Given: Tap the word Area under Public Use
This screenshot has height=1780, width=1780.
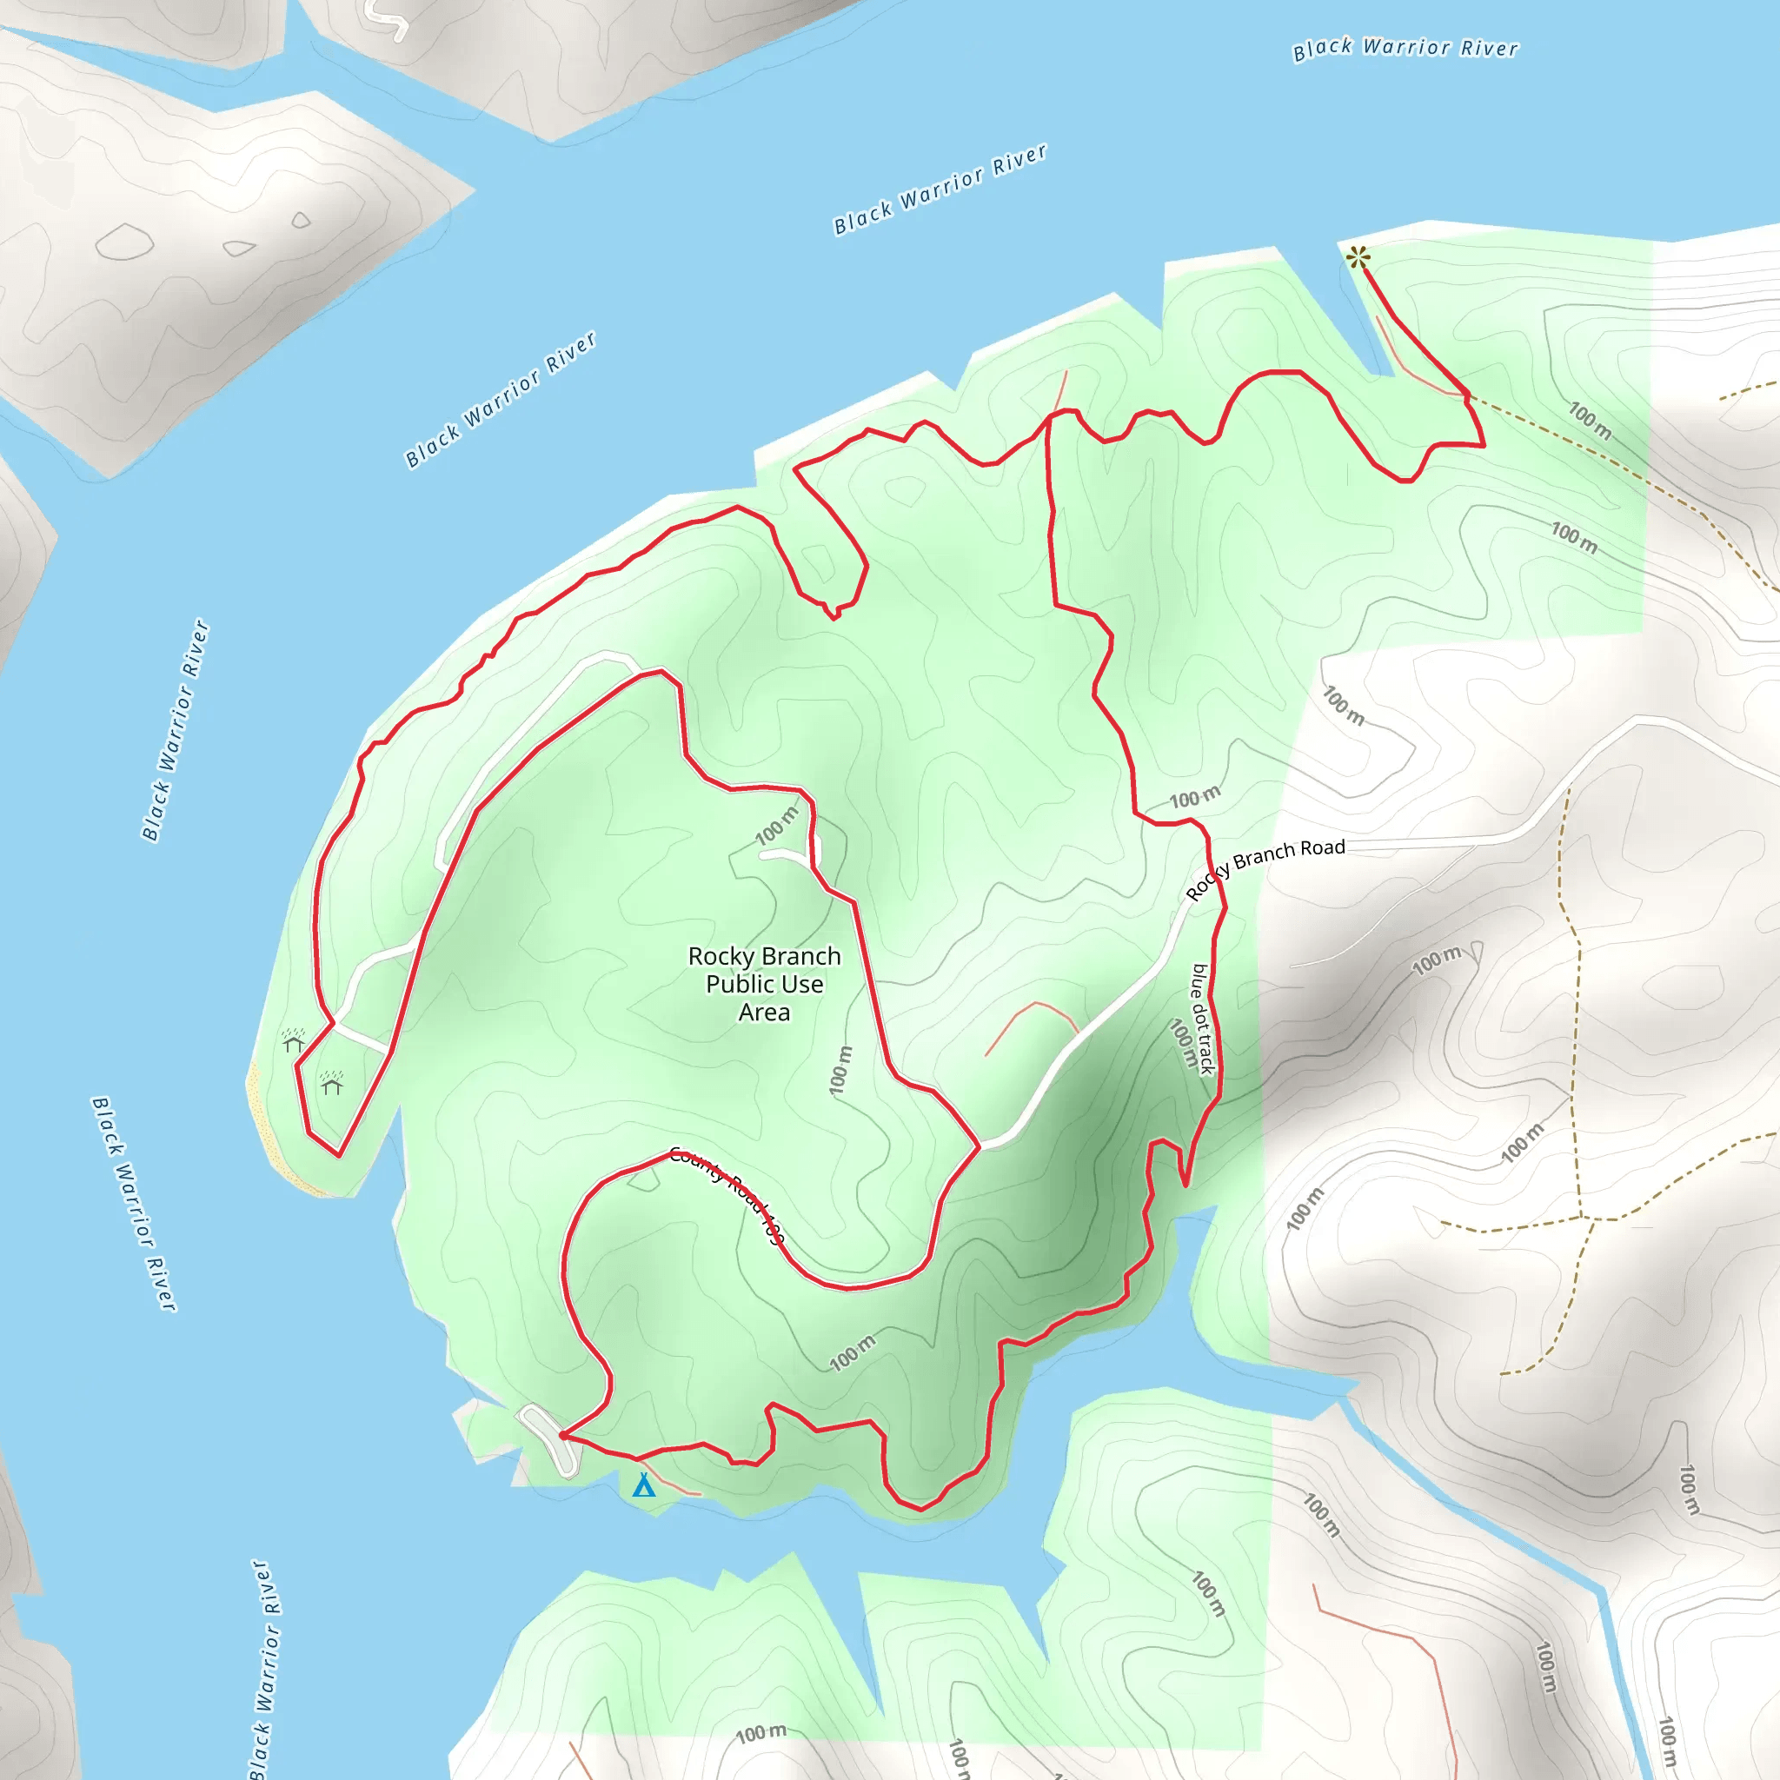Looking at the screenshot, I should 764,1013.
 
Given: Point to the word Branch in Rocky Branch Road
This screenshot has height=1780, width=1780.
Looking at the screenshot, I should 1265,859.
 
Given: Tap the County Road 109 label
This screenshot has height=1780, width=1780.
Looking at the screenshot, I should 726,1195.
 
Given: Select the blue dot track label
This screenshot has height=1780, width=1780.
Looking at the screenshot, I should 1202,1019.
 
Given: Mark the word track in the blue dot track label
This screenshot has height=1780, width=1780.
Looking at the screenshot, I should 1206,1053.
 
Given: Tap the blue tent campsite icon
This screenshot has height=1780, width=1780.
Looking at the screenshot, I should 644,1485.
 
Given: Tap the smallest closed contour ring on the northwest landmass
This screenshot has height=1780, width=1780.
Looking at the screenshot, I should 302,220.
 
